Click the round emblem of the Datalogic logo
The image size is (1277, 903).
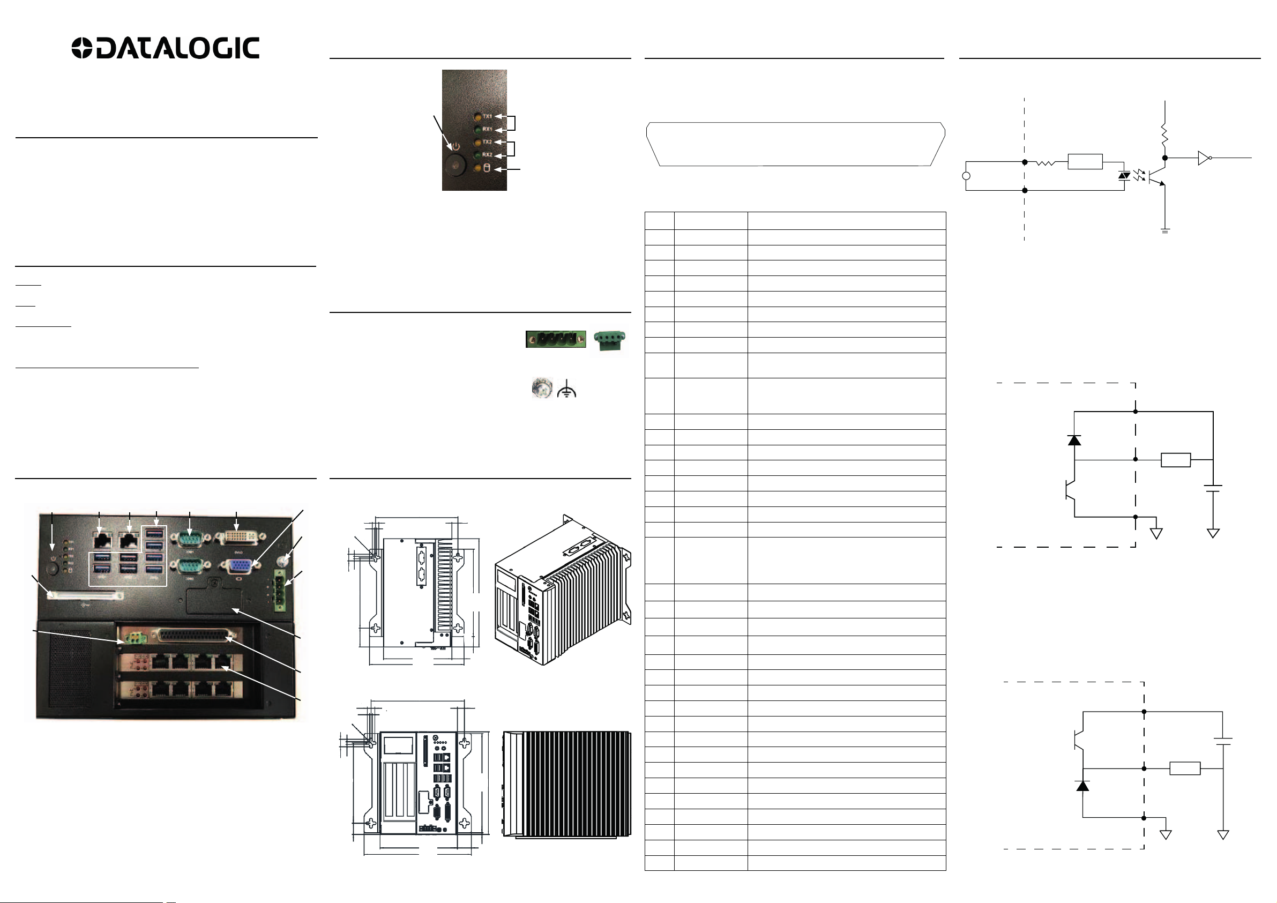(82, 48)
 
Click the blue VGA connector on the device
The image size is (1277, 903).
(240, 566)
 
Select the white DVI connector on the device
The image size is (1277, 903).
(237, 538)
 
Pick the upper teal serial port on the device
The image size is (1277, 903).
(190, 538)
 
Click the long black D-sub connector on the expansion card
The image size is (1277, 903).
(193, 635)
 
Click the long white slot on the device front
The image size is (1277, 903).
(85, 595)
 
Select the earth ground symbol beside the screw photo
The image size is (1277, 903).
(566, 389)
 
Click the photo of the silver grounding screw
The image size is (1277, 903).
(541, 387)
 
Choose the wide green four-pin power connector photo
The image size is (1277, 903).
(556, 339)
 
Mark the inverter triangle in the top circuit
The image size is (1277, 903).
(1204, 158)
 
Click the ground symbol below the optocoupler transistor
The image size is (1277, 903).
(1165, 230)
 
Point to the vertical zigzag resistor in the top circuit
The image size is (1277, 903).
(1164, 135)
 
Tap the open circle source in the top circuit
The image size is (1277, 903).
(966, 176)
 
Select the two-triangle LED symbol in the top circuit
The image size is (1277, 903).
(1124, 175)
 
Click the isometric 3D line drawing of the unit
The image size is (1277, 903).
(562, 589)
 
